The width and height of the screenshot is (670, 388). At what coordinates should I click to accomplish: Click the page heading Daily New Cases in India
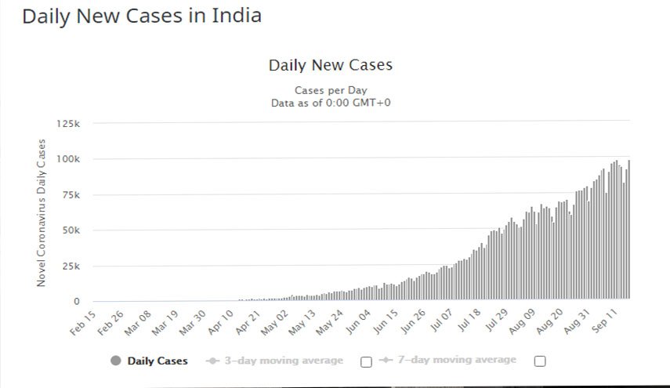tap(141, 16)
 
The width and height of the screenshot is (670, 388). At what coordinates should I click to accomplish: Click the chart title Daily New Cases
tap(331, 65)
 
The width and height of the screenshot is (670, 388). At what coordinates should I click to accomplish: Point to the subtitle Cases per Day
tap(331, 90)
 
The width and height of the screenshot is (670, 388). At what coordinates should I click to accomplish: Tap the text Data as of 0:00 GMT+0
tap(331, 103)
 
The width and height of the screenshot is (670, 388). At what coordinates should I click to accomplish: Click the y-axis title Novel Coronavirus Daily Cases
tap(42, 212)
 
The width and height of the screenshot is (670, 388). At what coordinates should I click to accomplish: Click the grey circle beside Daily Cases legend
tap(117, 361)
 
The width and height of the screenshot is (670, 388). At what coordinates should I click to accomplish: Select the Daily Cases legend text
tap(158, 361)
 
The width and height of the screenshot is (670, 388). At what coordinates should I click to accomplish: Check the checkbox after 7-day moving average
tap(539, 361)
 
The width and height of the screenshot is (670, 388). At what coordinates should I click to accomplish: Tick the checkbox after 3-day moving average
tap(366, 361)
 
